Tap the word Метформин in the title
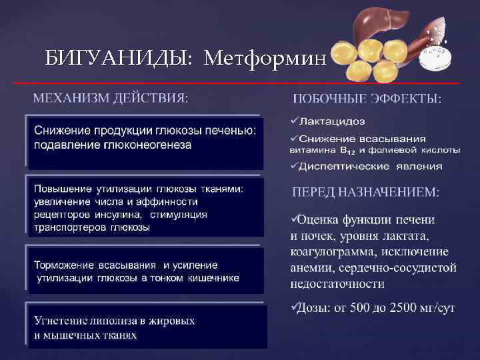[x=265, y=59]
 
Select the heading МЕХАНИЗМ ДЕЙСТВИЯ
[x=111, y=98]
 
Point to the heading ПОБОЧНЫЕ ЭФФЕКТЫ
[x=367, y=99]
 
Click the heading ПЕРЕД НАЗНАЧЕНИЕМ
[x=366, y=192]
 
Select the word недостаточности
[x=337, y=284]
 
